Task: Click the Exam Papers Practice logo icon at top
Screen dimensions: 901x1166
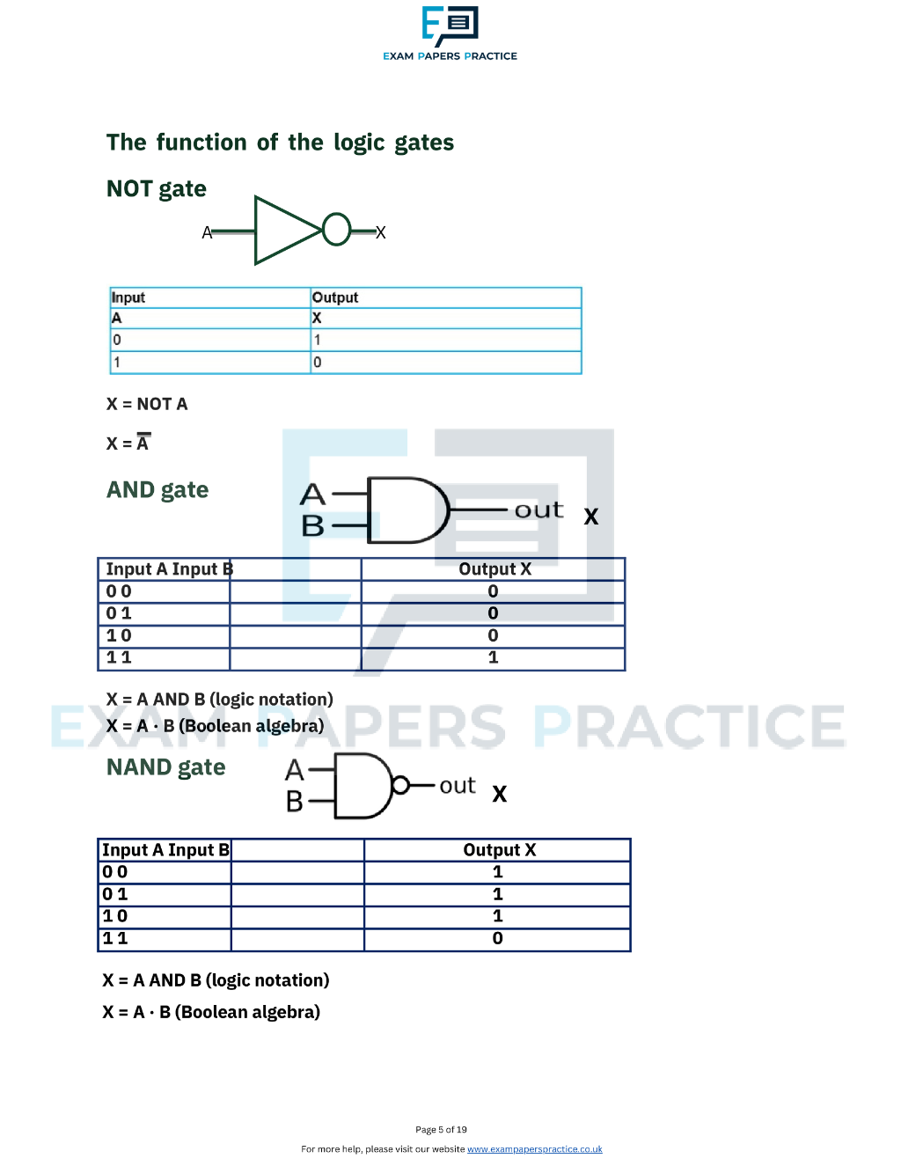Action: (450, 26)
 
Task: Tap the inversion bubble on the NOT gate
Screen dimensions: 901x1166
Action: (337, 230)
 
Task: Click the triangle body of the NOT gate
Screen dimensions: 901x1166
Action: (284, 231)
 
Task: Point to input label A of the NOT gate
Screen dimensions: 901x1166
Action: (207, 233)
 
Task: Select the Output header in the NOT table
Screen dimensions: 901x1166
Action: (335, 297)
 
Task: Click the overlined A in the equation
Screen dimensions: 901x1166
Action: (143, 442)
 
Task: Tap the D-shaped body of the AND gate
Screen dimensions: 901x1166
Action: (408, 510)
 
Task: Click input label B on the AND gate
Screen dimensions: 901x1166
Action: (312, 525)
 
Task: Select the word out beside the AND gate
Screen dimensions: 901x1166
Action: (539, 510)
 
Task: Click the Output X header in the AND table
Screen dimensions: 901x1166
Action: (494, 568)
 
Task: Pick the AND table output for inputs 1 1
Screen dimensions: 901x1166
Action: (493, 657)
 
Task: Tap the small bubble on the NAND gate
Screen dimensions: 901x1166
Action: (400, 786)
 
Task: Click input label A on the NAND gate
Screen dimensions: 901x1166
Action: (295, 771)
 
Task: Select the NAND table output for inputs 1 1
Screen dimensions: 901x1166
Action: (497, 938)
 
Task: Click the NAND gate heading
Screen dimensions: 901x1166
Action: (165, 767)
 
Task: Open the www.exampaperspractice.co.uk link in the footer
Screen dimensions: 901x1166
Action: (535, 1148)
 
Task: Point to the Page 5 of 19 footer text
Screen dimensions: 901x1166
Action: (441, 1130)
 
